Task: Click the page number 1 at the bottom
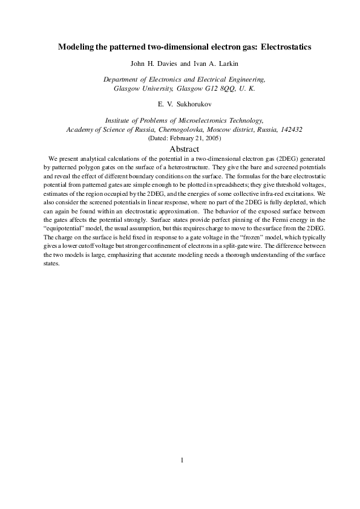181,460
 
